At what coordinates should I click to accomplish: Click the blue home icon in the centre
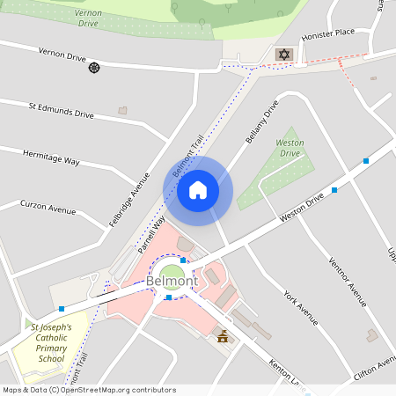[197, 190]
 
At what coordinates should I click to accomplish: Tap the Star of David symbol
[283, 55]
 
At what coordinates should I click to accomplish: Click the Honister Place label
[327, 33]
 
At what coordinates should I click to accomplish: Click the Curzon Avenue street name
[48, 208]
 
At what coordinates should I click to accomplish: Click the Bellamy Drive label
[262, 122]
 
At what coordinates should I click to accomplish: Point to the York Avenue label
[300, 306]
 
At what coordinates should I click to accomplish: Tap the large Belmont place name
[173, 282]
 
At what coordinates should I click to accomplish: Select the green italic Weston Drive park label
[290, 148]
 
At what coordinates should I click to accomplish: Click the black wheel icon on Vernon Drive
[94, 68]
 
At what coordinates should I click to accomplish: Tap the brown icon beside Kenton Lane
[222, 335]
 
